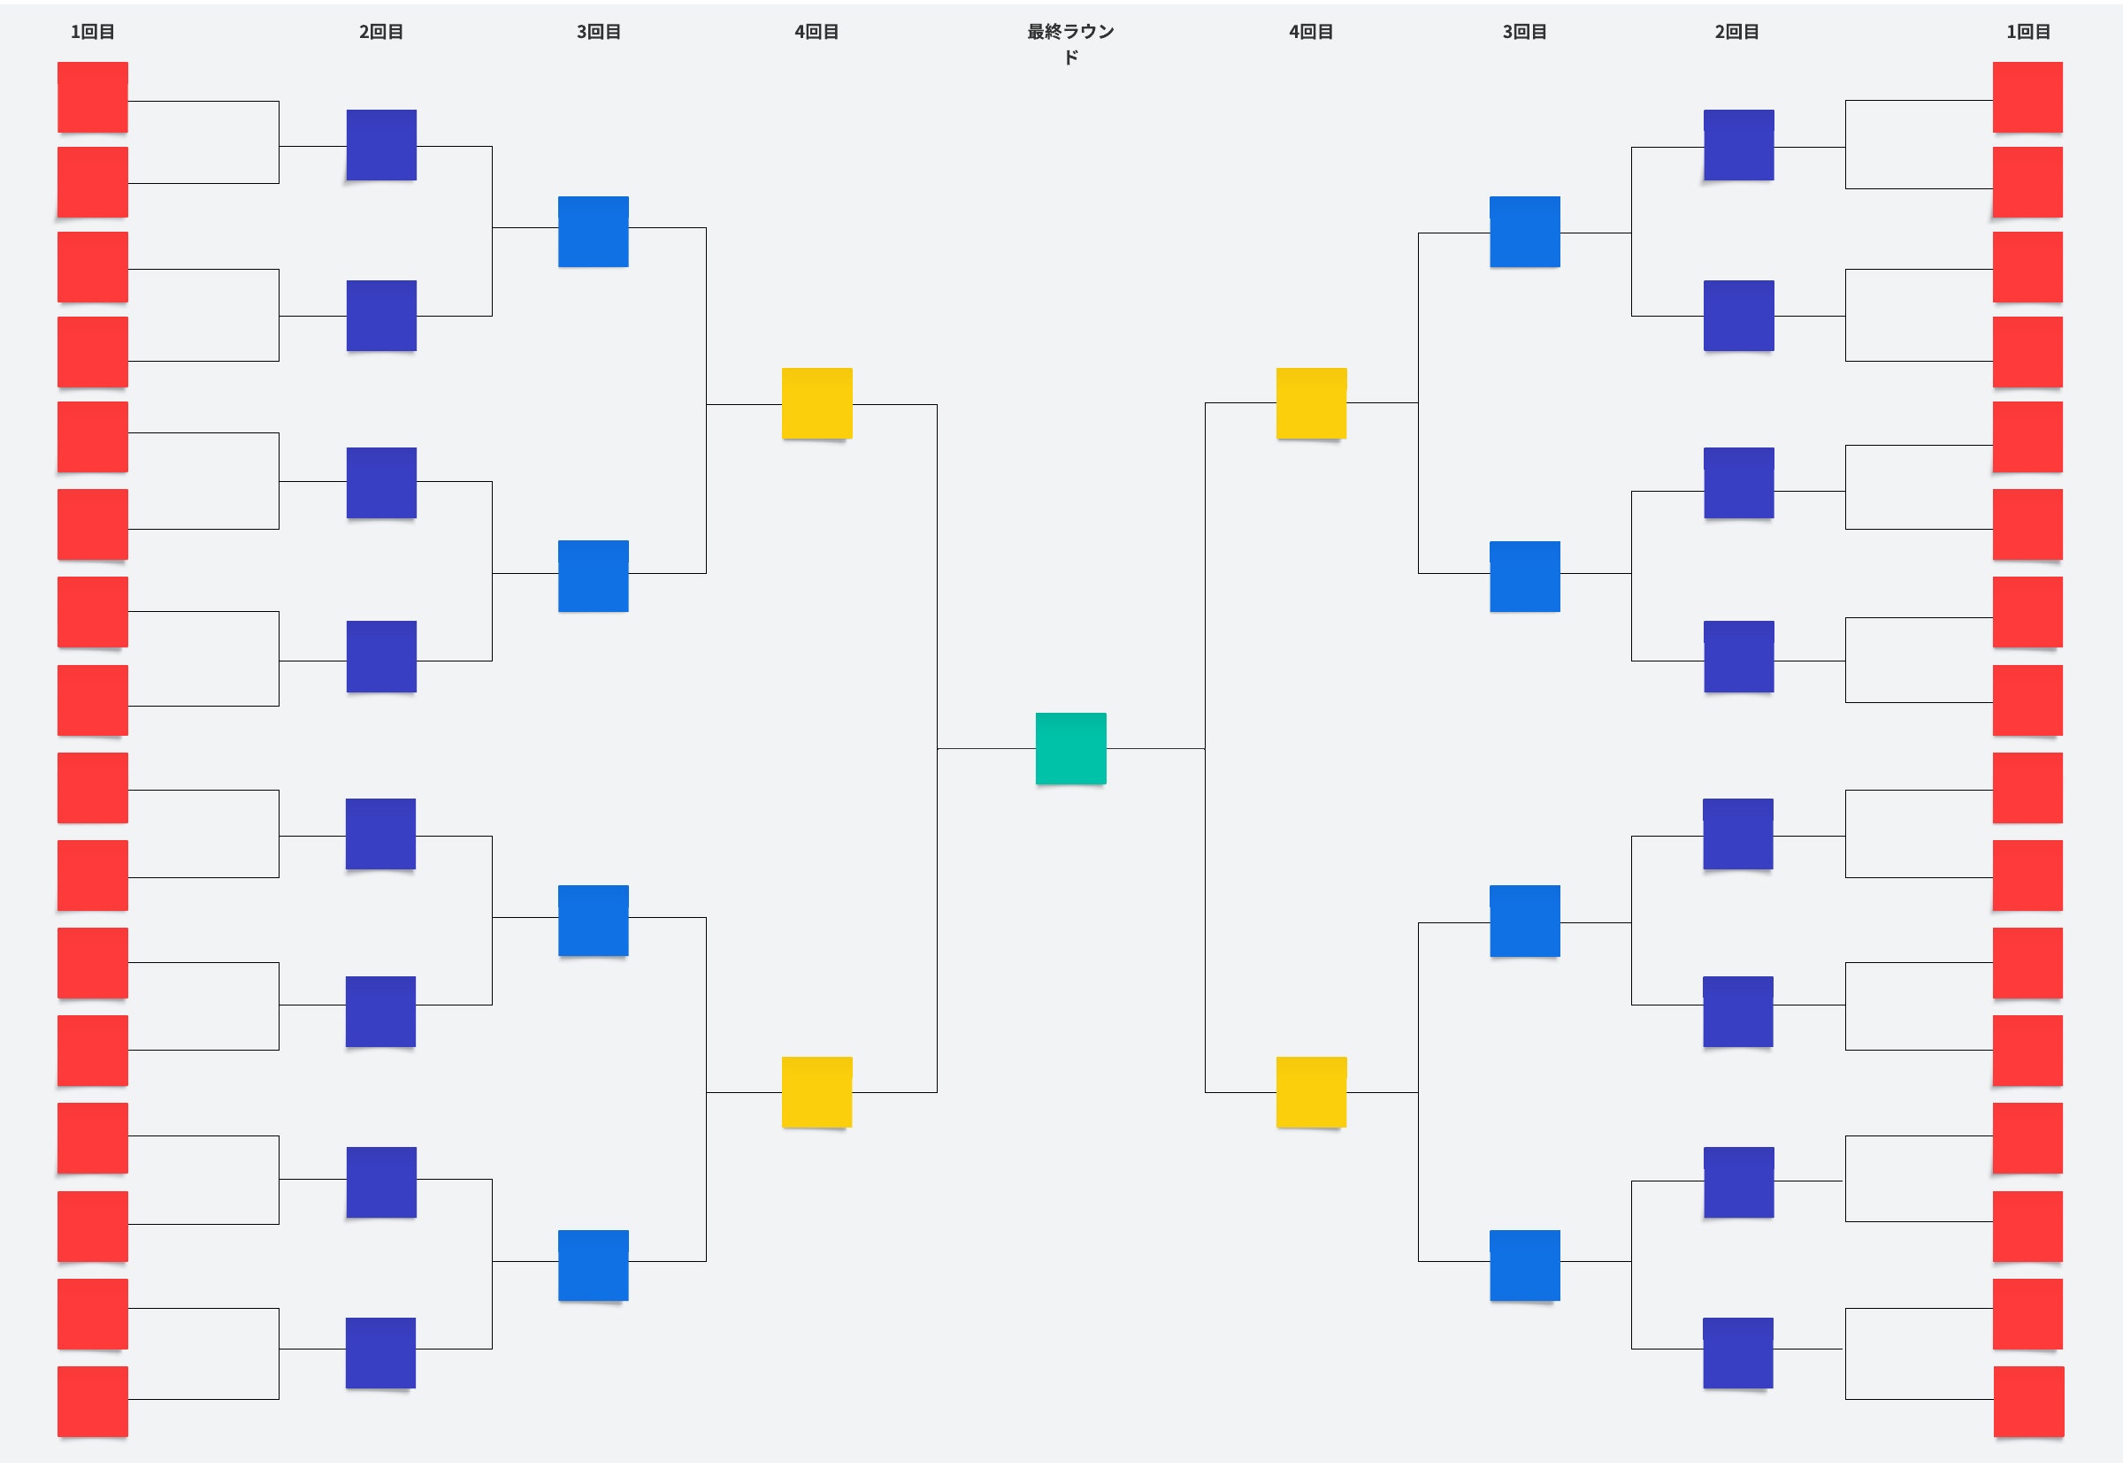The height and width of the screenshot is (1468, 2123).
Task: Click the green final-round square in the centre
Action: coord(1070,748)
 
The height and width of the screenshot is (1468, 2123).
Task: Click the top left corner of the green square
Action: coord(1036,713)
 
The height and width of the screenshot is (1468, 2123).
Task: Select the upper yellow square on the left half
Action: coord(816,403)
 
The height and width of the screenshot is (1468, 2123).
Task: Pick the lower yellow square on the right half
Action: coord(1311,1092)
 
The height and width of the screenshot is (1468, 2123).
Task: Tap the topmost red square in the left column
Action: coord(93,96)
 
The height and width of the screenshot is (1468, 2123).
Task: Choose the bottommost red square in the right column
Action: coord(2028,1401)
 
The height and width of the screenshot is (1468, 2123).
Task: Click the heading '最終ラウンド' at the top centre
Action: coord(1070,43)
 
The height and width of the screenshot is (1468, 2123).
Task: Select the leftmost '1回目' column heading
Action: coord(93,31)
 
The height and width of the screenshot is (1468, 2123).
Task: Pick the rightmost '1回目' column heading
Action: coord(2028,31)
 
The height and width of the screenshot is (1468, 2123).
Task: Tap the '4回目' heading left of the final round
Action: coord(816,31)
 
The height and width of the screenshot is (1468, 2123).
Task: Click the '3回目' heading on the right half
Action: coord(1524,31)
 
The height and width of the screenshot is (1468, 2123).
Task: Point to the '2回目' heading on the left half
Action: coord(381,31)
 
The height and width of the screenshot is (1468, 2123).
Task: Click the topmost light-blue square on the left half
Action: coord(594,231)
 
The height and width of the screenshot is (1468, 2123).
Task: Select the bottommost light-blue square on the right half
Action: coord(1524,1265)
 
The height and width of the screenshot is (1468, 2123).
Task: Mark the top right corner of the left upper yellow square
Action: coord(853,368)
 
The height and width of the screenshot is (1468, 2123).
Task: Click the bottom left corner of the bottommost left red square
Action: coord(58,1437)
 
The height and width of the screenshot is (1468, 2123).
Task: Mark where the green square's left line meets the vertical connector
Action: coord(938,749)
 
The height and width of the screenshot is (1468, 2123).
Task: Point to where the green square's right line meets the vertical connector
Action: coord(1205,749)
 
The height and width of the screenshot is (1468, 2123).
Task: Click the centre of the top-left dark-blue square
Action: coord(382,144)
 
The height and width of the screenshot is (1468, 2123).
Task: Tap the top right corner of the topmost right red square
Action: coord(2063,62)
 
